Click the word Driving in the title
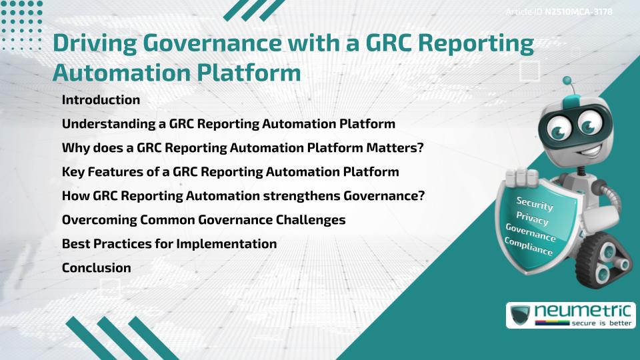(x=94, y=43)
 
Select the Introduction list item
(x=101, y=100)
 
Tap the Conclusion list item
(x=96, y=268)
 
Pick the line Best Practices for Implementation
(x=169, y=244)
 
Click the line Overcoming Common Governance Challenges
(x=203, y=220)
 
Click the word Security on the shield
(x=535, y=204)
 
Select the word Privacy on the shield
(x=532, y=219)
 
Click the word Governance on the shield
(x=530, y=233)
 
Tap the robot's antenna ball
(x=567, y=81)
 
